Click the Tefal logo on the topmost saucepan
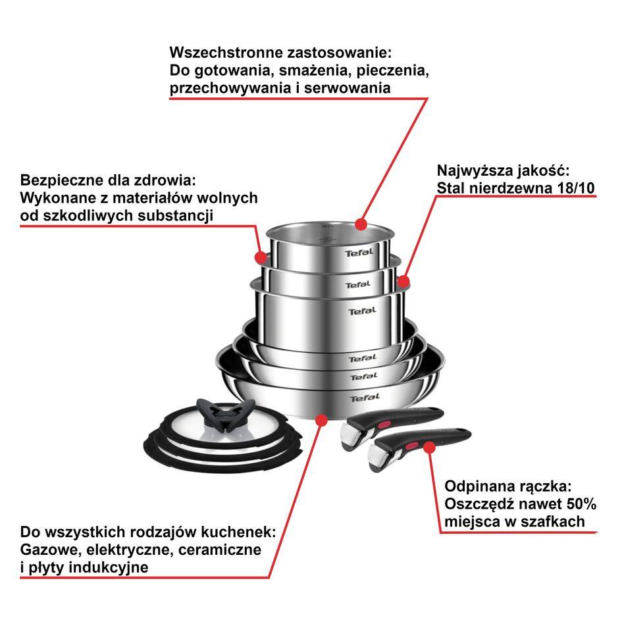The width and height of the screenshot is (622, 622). (x=359, y=253)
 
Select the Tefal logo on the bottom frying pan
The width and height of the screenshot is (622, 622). (x=364, y=398)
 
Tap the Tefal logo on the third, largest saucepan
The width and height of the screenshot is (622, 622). (x=362, y=311)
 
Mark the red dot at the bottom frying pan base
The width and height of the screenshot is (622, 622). (x=321, y=419)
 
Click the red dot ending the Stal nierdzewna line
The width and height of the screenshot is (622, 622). (x=403, y=282)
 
